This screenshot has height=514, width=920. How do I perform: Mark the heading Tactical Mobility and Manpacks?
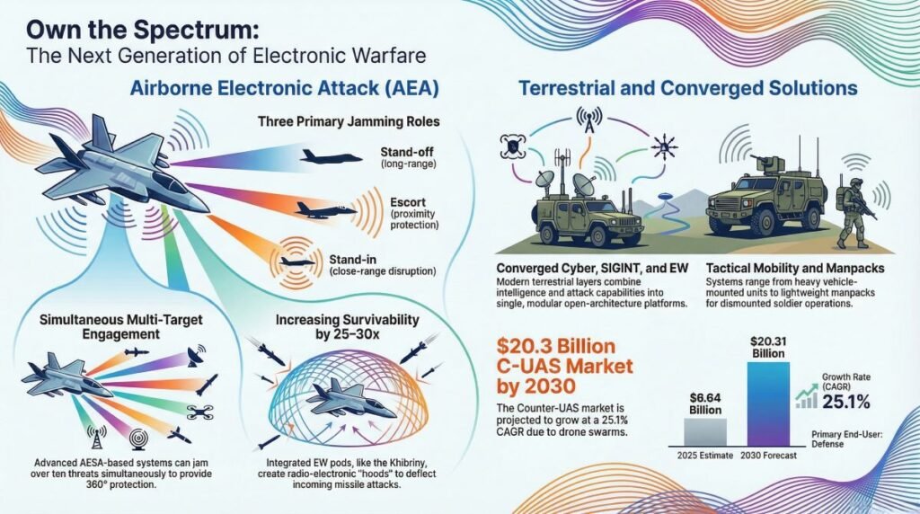click(x=795, y=269)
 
